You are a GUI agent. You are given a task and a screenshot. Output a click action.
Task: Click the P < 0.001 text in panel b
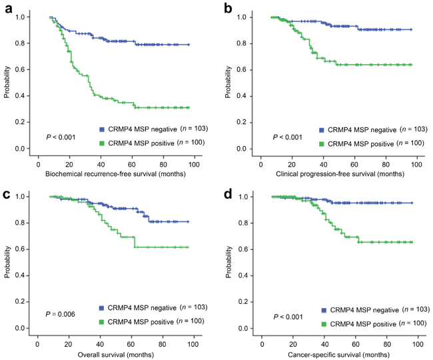tap(288, 137)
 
